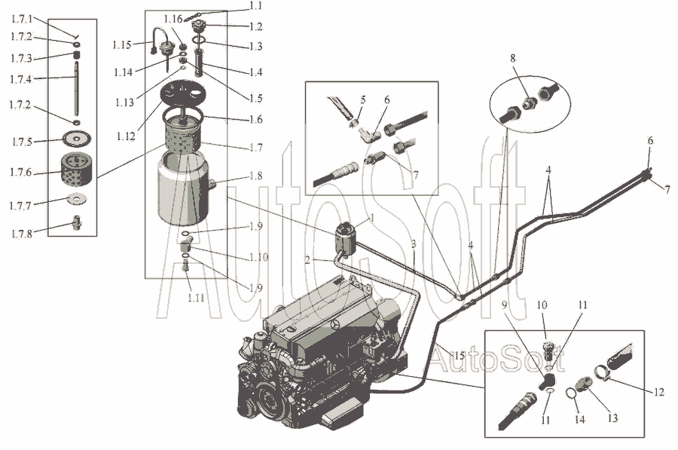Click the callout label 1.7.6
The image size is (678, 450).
(x=21, y=172)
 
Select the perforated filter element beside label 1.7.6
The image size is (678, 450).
(x=75, y=168)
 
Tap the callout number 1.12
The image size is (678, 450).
(x=125, y=136)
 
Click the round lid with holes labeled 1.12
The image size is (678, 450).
(x=182, y=93)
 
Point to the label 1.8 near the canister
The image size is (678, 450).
(x=255, y=176)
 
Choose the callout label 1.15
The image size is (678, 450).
(x=122, y=45)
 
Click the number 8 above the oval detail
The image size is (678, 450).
(x=513, y=58)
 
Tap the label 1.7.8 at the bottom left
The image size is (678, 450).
(x=22, y=234)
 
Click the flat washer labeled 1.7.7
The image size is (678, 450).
(x=78, y=198)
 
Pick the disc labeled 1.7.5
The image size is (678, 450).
(x=77, y=139)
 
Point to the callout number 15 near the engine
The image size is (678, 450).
(x=460, y=356)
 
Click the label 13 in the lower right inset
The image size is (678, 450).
(x=612, y=418)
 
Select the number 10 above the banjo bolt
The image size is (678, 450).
(x=542, y=305)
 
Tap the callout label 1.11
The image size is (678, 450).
(x=196, y=298)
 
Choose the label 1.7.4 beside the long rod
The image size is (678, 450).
(x=21, y=79)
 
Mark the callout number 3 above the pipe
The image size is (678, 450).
(x=414, y=244)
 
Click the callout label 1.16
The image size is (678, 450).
(x=173, y=19)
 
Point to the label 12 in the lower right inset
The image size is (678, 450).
(x=658, y=392)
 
